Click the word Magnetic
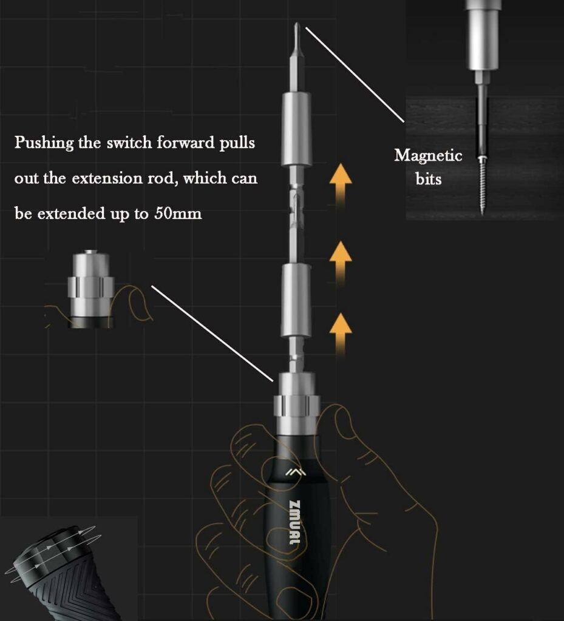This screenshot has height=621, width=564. (428, 156)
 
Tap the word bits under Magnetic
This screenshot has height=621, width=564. (429, 179)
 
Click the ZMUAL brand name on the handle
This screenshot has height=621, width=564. (294, 522)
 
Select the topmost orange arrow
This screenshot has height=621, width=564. (341, 184)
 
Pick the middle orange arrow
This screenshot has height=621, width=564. (341, 262)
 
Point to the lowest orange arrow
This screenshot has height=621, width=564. (341, 334)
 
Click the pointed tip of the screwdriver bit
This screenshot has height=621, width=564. (297, 24)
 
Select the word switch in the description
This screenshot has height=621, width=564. (129, 143)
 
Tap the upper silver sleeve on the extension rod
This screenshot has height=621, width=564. (296, 129)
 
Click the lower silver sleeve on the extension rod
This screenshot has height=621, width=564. (296, 301)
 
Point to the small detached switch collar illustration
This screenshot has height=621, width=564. (91, 289)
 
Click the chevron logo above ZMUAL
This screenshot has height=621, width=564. (295, 472)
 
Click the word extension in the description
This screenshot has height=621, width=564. (107, 178)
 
